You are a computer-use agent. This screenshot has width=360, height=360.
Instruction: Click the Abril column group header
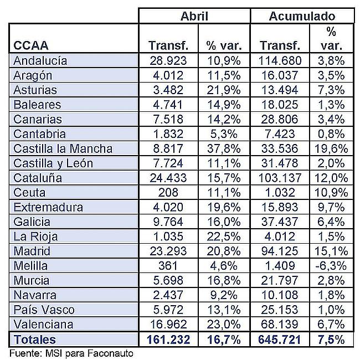[194, 16]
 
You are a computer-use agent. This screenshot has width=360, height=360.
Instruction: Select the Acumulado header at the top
[302, 16]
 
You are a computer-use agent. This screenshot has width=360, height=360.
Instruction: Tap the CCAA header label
[31, 45]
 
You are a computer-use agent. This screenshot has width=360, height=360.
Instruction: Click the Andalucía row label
[40, 60]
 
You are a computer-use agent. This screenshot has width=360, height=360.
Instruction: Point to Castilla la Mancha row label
[63, 148]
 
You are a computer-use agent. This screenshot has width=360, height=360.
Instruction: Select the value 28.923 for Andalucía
[168, 60]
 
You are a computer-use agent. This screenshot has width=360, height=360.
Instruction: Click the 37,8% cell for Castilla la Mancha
[224, 148]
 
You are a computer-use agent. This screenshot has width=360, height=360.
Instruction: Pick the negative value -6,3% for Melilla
[331, 266]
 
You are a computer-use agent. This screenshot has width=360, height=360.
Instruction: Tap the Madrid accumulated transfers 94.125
[280, 251]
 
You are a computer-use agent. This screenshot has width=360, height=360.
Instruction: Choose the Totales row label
[35, 340]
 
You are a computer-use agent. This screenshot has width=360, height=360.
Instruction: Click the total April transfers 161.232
[168, 340]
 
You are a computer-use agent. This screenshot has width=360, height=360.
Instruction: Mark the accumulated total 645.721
[279, 340]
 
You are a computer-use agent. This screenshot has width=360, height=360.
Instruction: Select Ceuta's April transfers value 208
[168, 192]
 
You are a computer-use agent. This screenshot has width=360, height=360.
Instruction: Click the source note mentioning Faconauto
[71, 353]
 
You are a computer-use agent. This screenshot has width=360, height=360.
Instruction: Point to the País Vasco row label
[44, 310]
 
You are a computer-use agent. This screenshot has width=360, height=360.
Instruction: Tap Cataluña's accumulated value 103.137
[280, 178]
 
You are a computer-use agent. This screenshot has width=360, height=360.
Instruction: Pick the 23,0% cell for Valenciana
[224, 325]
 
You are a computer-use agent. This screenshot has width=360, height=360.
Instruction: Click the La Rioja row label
[35, 236]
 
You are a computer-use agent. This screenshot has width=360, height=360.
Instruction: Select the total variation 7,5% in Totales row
[331, 340]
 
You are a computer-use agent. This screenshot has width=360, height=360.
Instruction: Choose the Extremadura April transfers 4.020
[168, 207]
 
